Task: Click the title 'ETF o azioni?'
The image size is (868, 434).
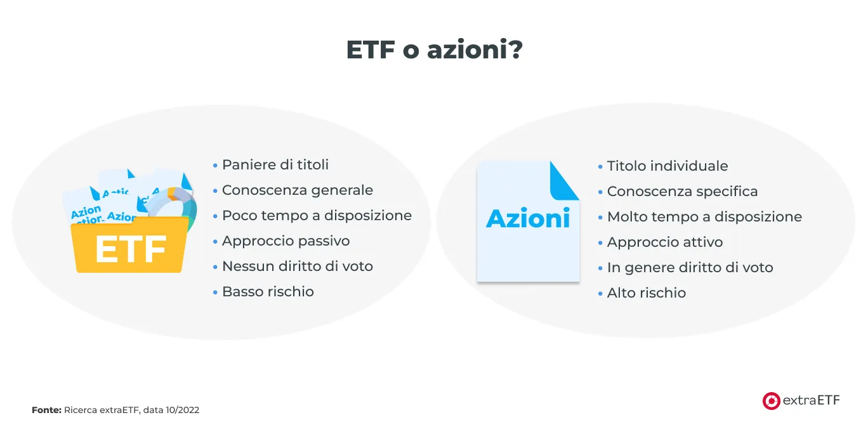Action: (x=434, y=50)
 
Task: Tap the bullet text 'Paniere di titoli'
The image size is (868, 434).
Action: (x=275, y=165)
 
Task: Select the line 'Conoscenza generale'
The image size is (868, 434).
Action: (x=298, y=190)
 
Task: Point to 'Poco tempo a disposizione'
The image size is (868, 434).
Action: (x=317, y=216)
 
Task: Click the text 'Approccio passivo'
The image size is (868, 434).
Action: (x=286, y=241)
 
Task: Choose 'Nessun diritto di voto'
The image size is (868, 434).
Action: (x=298, y=266)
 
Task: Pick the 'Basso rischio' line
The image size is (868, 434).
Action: (x=268, y=292)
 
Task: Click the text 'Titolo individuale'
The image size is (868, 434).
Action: (x=667, y=166)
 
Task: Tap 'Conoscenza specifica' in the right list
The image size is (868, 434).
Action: (x=682, y=192)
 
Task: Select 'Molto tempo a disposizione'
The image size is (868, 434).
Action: (x=704, y=217)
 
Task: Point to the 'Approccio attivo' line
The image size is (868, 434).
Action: (x=665, y=242)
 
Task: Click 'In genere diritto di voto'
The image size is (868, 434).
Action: (x=690, y=268)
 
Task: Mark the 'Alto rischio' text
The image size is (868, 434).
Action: (x=647, y=293)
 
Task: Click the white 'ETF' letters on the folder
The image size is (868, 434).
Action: (x=131, y=249)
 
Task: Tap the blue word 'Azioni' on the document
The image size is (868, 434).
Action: (x=528, y=218)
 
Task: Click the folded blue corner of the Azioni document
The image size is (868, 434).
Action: (x=564, y=181)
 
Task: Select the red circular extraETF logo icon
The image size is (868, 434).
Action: (x=771, y=400)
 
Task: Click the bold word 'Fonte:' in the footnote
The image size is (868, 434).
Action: (x=46, y=411)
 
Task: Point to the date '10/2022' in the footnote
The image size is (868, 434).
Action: (x=182, y=411)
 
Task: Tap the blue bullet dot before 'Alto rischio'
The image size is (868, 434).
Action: (x=600, y=294)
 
